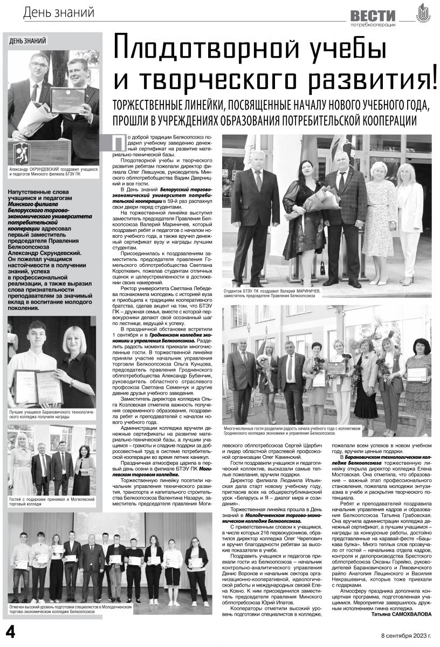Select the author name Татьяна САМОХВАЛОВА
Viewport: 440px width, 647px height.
point(402,614)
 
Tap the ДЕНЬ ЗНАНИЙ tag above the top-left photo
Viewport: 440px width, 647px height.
point(28,40)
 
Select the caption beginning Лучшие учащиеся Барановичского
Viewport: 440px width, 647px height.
point(51,414)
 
